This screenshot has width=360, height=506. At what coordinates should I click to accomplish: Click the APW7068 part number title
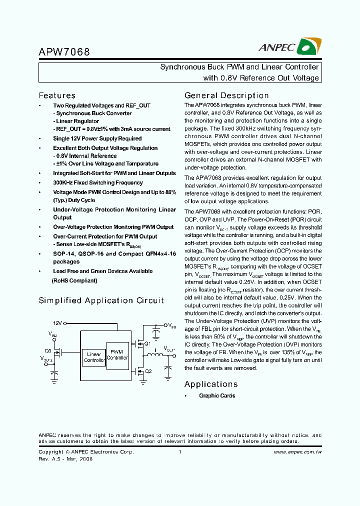point(64,52)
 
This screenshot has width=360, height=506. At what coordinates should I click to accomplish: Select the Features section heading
point(57,95)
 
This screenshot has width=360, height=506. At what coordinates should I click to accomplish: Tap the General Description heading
point(226,95)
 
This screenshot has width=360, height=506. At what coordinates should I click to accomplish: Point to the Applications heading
point(210,384)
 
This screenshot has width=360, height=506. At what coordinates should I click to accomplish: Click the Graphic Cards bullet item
point(216,396)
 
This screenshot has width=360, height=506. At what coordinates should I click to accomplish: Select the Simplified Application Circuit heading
point(101,300)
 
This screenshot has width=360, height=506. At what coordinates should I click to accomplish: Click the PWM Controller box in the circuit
point(117,354)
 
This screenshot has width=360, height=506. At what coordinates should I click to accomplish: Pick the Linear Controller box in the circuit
point(93,357)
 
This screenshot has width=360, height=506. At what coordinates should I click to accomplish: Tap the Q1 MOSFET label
point(147,344)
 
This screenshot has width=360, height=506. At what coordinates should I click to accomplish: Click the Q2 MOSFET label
point(147,371)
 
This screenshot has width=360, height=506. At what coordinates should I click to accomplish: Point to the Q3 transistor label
point(47,350)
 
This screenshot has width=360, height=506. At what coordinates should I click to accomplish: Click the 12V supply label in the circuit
point(57,323)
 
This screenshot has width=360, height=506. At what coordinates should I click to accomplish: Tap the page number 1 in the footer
point(179,452)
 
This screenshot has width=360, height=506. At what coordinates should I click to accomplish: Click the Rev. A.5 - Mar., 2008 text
point(65,458)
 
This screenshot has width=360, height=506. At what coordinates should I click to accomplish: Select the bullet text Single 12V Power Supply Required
point(97,138)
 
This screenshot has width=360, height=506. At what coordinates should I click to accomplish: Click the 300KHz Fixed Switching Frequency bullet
point(97,182)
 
